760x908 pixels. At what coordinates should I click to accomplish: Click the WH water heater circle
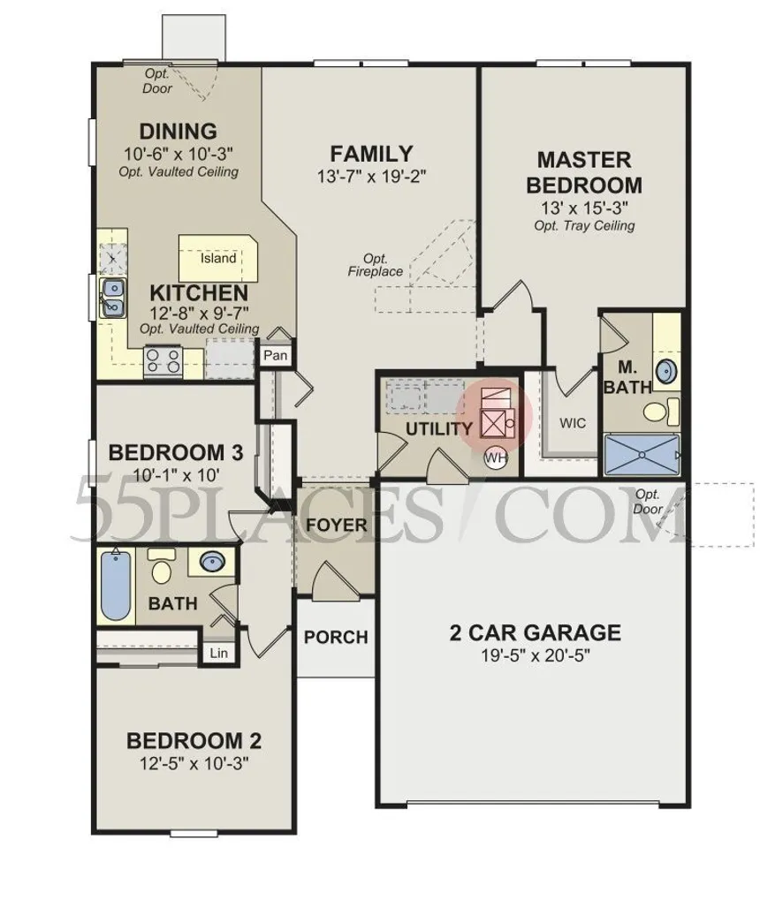495,458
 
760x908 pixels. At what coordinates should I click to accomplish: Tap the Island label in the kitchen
217,259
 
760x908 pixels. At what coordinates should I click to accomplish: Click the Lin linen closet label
217,654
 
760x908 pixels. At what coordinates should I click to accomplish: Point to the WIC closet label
573,423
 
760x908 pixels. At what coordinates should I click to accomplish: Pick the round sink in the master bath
667,371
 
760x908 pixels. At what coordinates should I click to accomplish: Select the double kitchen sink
112,298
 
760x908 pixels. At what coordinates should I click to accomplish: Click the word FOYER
337,525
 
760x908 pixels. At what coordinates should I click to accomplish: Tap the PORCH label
336,637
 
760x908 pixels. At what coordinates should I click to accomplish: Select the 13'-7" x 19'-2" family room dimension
371,177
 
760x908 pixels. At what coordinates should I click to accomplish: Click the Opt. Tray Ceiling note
584,225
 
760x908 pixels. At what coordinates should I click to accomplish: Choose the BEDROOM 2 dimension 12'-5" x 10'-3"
194,763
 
